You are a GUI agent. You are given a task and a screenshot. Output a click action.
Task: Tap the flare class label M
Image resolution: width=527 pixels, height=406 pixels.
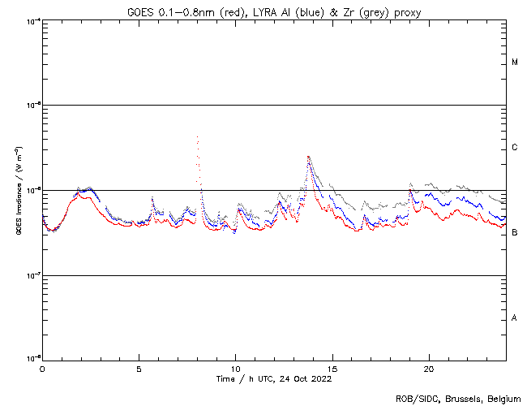click(515, 63)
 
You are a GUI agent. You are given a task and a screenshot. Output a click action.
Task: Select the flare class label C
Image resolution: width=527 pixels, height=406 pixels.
click(515, 148)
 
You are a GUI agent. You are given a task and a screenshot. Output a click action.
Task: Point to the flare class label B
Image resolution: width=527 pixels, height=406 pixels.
click(515, 233)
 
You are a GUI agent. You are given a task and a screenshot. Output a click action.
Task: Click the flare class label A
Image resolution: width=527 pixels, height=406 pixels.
click(515, 318)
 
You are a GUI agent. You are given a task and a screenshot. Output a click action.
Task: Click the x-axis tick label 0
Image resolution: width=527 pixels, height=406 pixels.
click(42, 369)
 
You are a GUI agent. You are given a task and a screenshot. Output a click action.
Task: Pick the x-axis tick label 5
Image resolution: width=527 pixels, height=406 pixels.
click(139, 369)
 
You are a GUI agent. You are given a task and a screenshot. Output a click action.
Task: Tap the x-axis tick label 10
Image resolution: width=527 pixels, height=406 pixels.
click(235, 369)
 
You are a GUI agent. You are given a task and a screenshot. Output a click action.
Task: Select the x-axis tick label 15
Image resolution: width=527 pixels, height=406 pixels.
click(332, 369)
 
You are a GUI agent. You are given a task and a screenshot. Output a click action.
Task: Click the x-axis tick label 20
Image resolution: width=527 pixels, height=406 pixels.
click(428, 369)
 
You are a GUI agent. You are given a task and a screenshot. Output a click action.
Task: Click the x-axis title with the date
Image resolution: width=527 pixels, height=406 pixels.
click(274, 378)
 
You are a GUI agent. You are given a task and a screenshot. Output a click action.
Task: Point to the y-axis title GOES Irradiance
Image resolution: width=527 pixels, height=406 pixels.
click(18, 190)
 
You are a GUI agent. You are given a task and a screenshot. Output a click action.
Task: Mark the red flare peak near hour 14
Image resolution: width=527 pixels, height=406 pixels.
click(308, 157)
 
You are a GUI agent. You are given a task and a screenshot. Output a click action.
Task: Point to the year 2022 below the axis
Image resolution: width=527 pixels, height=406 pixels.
click(321, 378)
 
